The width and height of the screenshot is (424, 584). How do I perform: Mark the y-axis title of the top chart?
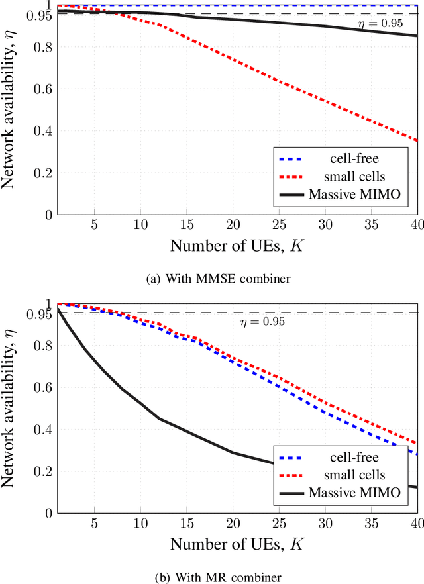[11, 111]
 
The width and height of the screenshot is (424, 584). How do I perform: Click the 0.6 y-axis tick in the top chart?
[43, 89]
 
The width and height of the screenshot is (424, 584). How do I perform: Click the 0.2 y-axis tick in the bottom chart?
[43, 471]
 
